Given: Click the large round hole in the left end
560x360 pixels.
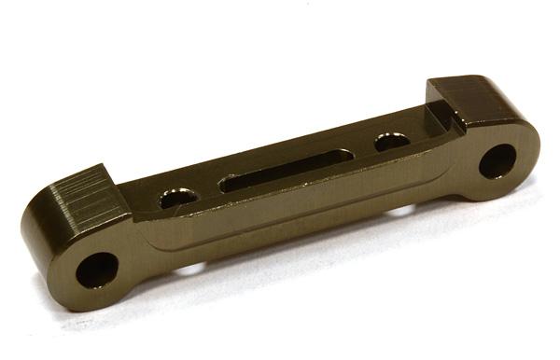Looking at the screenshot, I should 96,270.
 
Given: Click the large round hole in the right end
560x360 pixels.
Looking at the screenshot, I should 497,160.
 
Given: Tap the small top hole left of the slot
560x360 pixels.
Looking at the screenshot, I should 177,198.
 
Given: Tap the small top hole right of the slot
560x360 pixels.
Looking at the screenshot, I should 392,142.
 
